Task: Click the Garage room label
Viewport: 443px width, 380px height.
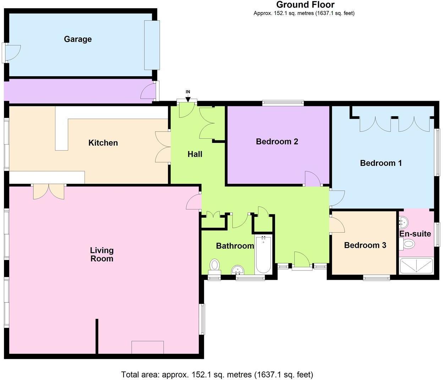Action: point(78,39)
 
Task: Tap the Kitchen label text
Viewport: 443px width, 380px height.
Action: point(103,143)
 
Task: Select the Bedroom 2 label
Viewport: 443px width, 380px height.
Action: point(277,141)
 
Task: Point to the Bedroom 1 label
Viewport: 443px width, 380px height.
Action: point(381,163)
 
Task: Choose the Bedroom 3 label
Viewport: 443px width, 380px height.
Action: point(365,245)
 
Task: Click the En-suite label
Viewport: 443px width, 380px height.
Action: point(415,234)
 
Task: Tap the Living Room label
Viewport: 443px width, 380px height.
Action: point(102,254)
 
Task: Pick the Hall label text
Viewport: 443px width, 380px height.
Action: point(195,154)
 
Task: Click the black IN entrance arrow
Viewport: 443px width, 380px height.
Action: point(188,100)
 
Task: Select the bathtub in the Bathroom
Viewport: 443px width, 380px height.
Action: point(263,254)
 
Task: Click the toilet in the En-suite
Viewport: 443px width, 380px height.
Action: point(407,244)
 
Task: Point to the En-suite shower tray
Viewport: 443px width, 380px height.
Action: point(416,266)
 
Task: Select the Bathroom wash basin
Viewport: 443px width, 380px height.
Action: point(238,270)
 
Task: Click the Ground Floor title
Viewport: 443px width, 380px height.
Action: point(305,5)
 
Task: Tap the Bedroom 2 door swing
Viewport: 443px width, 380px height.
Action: point(313,179)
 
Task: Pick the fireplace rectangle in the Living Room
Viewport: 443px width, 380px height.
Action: point(147,347)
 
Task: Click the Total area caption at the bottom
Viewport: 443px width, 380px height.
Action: point(217,375)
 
